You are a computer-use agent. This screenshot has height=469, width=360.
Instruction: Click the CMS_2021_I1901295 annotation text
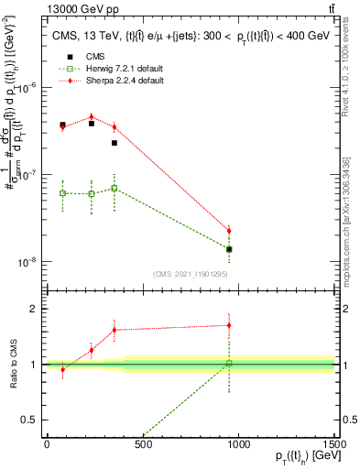(x=191, y=274)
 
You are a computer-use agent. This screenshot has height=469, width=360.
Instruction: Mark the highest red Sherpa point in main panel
(x=91, y=117)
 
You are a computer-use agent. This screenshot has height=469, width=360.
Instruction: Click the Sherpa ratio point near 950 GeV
(x=229, y=325)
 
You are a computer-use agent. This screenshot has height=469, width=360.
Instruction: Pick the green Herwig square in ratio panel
(x=229, y=364)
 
